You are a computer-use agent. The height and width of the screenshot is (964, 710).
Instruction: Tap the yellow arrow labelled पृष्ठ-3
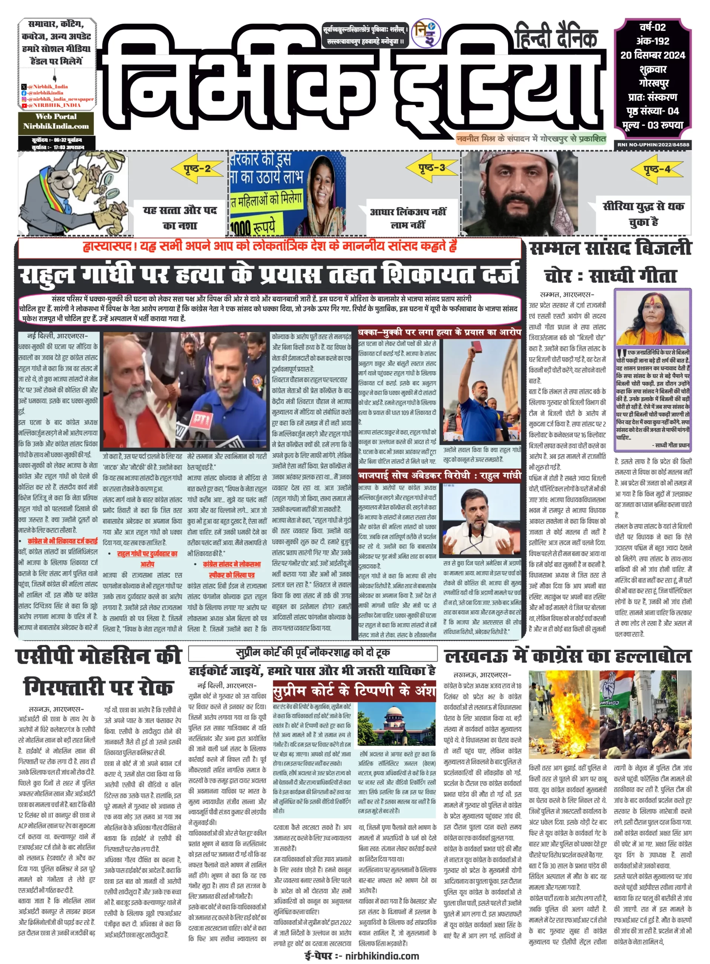coord(431,168)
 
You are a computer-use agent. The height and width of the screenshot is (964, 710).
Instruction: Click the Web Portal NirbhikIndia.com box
coord(56,122)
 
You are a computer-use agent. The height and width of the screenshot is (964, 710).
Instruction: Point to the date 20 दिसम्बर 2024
coord(652,55)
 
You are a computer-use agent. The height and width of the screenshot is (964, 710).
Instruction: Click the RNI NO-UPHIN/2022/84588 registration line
coord(653,145)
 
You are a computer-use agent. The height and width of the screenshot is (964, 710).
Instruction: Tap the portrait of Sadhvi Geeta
coord(652,317)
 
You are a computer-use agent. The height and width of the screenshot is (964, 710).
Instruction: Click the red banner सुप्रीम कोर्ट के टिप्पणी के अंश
coord(354,691)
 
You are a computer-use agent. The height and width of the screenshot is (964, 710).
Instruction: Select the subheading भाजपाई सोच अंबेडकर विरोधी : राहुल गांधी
coord(439,475)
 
